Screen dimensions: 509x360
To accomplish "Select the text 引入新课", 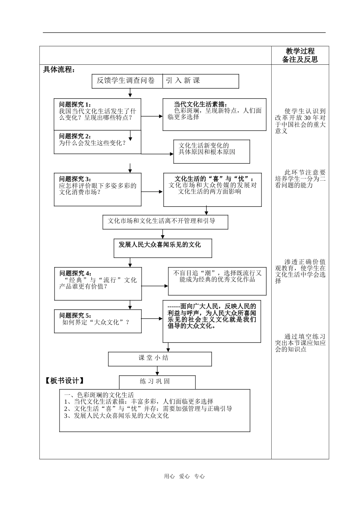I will (x=183, y=81).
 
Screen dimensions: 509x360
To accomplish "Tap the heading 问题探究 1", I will (x=75, y=105).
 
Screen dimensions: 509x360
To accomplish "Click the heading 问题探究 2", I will (x=75, y=136).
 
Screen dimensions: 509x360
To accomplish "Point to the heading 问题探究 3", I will (x=75, y=179).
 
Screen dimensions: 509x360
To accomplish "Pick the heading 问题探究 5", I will (x=75, y=315).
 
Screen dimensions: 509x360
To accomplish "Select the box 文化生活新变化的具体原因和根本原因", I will (x=211, y=151).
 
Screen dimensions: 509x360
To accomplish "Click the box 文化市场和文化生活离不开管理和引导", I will (x=165, y=222).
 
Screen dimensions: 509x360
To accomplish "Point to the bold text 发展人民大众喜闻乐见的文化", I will (x=160, y=245).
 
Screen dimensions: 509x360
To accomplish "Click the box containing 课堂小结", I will (x=160, y=358).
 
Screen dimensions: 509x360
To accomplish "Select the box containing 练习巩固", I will (x=157, y=381).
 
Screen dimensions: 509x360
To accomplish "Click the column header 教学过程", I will (x=300, y=51).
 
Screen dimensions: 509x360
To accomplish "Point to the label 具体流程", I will (x=59, y=70).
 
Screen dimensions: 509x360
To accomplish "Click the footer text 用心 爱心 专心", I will (x=184, y=476).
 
